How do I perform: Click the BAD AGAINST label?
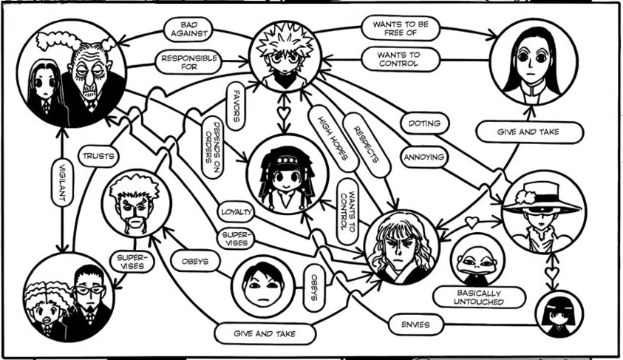click(x=188, y=30)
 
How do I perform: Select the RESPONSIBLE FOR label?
click(x=188, y=62)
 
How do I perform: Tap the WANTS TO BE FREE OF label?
click(x=401, y=28)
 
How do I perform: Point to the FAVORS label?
click(x=236, y=106)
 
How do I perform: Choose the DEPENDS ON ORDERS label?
click(x=213, y=147)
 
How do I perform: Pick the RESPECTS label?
click(x=367, y=145)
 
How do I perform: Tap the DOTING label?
click(x=424, y=123)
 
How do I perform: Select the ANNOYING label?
click(x=424, y=157)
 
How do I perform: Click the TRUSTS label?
click(x=98, y=156)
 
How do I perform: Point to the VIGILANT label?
click(x=62, y=182)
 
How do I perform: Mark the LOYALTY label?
click(x=236, y=212)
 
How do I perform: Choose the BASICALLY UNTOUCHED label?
click(x=479, y=297)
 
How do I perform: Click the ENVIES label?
click(x=415, y=325)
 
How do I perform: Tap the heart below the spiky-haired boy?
click(x=284, y=113)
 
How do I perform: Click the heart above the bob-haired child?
click(x=552, y=273)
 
